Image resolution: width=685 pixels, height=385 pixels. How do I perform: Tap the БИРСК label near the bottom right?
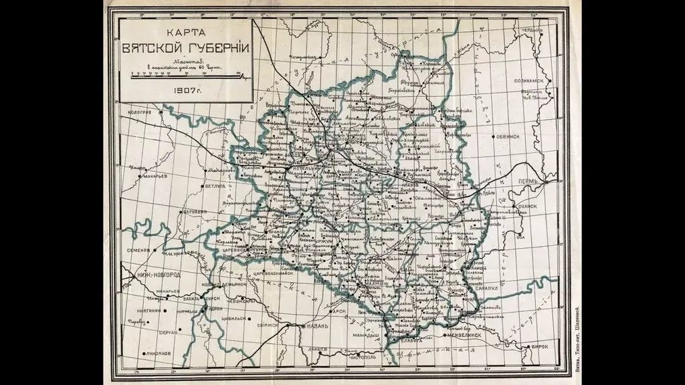pyautogui.click(x=540, y=347)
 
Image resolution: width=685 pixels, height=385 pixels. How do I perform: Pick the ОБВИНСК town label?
pyautogui.click(x=508, y=136)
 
